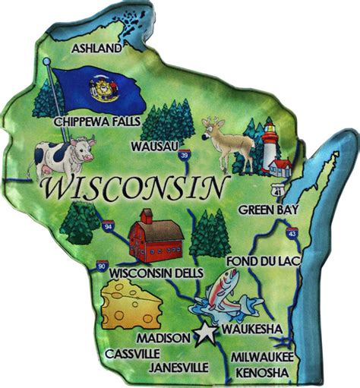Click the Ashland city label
coord(96,49)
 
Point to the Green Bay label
coord(268,209)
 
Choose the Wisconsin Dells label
coord(156,272)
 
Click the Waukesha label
coord(253,329)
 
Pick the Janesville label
coord(179,367)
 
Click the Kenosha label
coord(262,372)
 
